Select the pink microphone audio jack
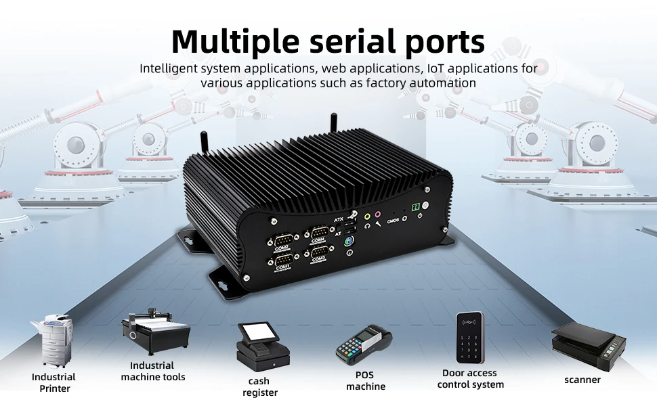[x=378, y=215]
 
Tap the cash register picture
[x=262, y=345]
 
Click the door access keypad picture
[x=469, y=338]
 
